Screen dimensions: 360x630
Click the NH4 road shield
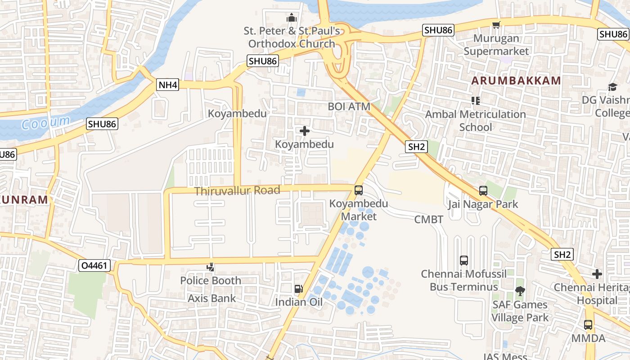(x=168, y=85)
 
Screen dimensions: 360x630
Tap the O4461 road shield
(x=94, y=265)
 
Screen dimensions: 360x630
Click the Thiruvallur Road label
(x=237, y=190)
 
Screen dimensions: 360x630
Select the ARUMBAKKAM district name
(x=516, y=81)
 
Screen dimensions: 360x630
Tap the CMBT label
(x=429, y=220)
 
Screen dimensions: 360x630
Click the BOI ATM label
(x=349, y=107)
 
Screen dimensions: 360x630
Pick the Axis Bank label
(x=211, y=298)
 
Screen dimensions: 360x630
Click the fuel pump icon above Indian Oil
(x=298, y=289)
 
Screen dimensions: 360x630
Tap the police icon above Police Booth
(x=210, y=268)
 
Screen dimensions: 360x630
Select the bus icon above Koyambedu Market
(x=359, y=190)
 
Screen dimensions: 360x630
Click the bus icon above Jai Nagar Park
(x=483, y=191)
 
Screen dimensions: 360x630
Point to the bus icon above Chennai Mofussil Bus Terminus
(x=464, y=260)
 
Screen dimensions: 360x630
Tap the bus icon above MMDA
(x=588, y=324)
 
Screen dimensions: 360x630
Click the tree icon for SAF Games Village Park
(x=520, y=291)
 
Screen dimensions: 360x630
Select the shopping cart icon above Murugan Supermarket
(x=496, y=25)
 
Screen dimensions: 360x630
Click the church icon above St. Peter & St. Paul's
(x=292, y=18)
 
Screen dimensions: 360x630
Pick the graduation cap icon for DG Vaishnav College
(x=612, y=87)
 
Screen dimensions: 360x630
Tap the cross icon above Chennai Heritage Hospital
(x=597, y=274)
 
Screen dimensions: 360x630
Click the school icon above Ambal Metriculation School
(x=475, y=100)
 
